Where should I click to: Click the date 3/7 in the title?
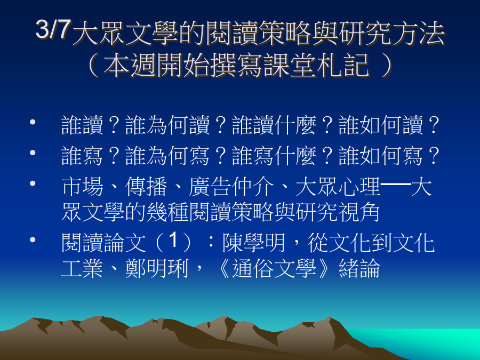pyautogui.click(x=53, y=29)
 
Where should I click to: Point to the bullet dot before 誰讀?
pyautogui.click(x=33, y=122)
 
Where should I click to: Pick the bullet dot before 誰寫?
pyautogui.click(x=33, y=153)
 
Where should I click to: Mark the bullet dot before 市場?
pyautogui.click(x=33, y=183)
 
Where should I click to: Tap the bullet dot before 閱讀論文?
pyautogui.click(x=33, y=239)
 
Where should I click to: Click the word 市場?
pyautogui.click(x=82, y=187)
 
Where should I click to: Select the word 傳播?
pyautogui.click(x=146, y=187)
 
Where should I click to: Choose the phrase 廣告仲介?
pyautogui.click(x=231, y=187)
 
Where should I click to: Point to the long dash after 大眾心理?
pyautogui.click(x=396, y=184)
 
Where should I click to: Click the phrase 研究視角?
pyautogui.click(x=338, y=212)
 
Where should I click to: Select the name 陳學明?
pyautogui.click(x=254, y=243)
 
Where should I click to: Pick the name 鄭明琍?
pyautogui.click(x=157, y=268)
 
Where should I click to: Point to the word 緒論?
pyautogui.click(x=359, y=268)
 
